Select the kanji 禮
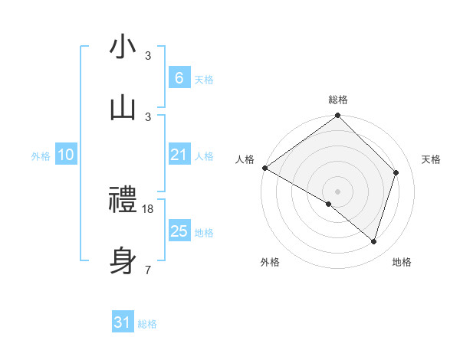[x=123, y=201]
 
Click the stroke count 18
[x=149, y=208]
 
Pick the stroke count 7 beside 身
[x=148, y=270]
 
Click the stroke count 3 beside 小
[x=148, y=56]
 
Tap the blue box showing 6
[x=179, y=78]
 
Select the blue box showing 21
[x=179, y=155]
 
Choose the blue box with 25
[x=179, y=231]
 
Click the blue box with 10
[x=65, y=155]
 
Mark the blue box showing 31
[x=122, y=323]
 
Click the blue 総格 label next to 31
[x=147, y=324]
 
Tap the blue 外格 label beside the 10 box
[x=41, y=155]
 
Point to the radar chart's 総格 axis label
[x=338, y=100]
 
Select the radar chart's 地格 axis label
[x=402, y=262]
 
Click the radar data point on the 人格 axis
[x=264, y=168]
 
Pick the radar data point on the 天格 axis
[x=396, y=172]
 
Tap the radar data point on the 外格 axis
[x=329, y=204]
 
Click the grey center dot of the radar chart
[x=338, y=191]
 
